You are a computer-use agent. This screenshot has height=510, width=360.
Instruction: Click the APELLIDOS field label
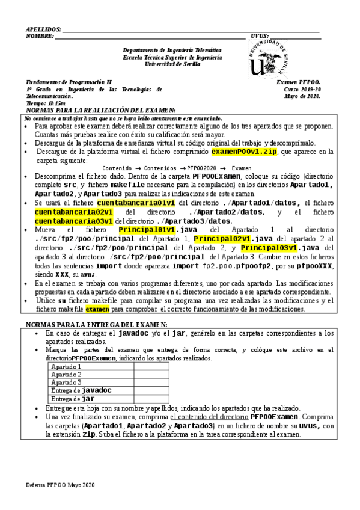(44, 29)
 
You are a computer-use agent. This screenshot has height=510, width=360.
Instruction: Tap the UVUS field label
(260, 36)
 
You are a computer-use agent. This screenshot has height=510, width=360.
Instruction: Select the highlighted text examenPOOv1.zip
(244, 152)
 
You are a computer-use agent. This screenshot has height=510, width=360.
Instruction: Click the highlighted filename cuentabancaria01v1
(136, 203)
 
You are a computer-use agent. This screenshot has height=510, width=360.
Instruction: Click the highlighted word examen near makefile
(97, 309)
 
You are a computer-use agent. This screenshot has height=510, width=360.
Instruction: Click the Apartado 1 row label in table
(66, 366)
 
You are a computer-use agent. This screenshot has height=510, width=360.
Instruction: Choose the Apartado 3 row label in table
(66, 382)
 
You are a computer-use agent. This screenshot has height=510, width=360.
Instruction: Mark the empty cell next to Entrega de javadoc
(151, 390)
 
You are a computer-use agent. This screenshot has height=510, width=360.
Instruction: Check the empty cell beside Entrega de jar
(151, 399)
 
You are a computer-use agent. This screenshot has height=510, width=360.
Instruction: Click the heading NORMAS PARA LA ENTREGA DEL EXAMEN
(97, 324)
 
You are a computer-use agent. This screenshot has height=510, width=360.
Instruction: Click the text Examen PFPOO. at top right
(299, 82)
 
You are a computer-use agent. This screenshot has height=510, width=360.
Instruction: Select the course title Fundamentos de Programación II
(69, 82)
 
